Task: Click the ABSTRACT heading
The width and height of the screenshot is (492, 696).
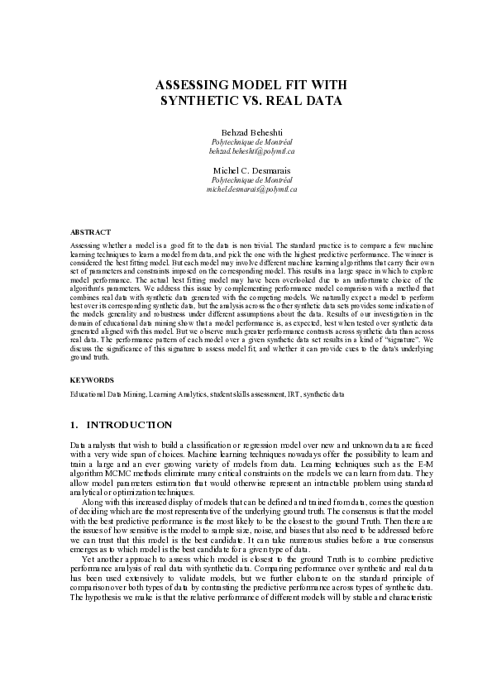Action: coord(90,233)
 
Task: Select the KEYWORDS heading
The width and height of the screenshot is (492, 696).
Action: coord(92,379)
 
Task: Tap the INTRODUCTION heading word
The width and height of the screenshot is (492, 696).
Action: coord(130,425)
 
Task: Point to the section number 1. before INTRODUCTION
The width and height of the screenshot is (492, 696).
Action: coord(74,425)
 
